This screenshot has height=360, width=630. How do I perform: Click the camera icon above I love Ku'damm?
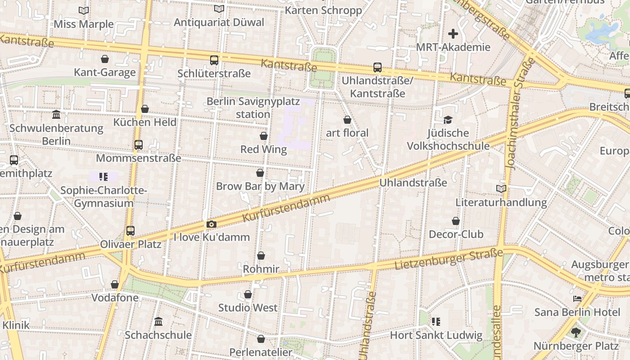[x=211, y=224]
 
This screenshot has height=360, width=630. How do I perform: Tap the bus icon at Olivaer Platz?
[x=130, y=231]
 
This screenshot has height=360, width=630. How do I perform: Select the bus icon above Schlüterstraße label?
[x=214, y=60]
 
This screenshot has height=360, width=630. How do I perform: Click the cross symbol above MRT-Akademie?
[x=453, y=34]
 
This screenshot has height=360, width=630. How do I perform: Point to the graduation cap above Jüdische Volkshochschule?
[x=448, y=120]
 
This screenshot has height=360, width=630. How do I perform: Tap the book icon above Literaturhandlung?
[x=501, y=189]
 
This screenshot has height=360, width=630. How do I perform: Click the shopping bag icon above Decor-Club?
[x=456, y=221]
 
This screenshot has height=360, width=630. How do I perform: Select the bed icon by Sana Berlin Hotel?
[x=577, y=298]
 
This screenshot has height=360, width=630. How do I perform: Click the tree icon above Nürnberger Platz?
[x=576, y=333]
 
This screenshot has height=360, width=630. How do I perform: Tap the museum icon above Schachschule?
[x=158, y=321]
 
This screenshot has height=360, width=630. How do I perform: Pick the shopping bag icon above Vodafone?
[x=115, y=284]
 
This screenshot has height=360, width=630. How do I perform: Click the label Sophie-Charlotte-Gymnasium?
[x=103, y=197]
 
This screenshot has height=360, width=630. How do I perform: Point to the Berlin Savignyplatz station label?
[x=253, y=108]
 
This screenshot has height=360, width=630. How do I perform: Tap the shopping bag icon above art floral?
[x=347, y=120]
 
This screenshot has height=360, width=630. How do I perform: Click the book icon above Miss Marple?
[x=84, y=10]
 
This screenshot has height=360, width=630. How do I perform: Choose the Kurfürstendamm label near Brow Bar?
[x=286, y=207]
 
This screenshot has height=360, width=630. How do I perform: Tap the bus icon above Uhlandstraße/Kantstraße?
[x=378, y=67]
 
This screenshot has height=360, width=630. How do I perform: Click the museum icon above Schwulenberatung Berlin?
[x=56, y=115]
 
